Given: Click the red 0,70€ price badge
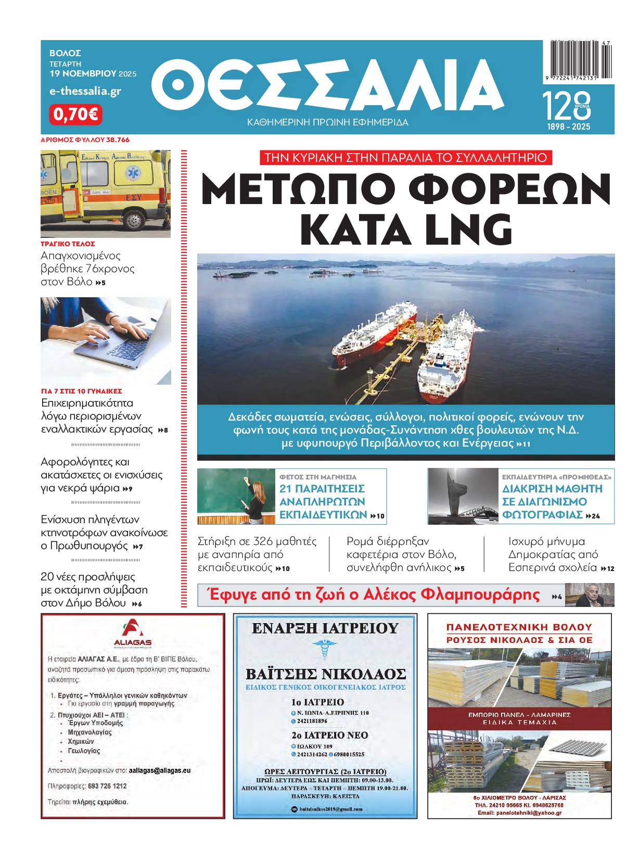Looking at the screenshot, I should pyautogui.click(x=76, y=114).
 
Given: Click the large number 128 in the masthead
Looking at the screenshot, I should pyautogui.click(x=566, y=106).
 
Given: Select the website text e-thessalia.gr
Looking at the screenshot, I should pyautogui.click(x=85, y=91).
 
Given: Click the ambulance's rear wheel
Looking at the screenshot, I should pyautogui.click(x=135, y=220).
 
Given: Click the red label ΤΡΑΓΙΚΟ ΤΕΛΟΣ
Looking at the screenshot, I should pyautogui.click(x=68, y=244).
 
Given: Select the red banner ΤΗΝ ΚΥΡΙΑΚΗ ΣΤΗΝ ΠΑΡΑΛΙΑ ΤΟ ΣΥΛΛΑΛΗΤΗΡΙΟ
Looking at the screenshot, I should pyautogui.click(x=406, y=158).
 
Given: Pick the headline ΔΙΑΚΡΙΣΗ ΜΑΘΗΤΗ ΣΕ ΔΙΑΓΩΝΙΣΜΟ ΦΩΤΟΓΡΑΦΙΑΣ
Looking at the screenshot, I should pyautogui.click(x=552, y=501).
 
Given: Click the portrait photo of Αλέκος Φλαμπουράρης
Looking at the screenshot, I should pyautogui.click(x=589, y=594).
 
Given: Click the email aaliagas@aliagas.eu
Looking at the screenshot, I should pyautogui.click(x=160, y=770).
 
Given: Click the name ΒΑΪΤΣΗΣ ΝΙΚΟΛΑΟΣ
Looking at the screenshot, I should pyautogui.click(x=325, y=674).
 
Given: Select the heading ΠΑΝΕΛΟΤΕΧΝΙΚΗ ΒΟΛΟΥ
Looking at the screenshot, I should pyautogui.click(x=519, y=627).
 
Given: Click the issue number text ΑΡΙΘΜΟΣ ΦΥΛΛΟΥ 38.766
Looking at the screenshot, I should pyautogui.click(x=85, y=140).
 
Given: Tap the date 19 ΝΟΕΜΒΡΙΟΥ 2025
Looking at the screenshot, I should pyautogui.click(x=93, y=73).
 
